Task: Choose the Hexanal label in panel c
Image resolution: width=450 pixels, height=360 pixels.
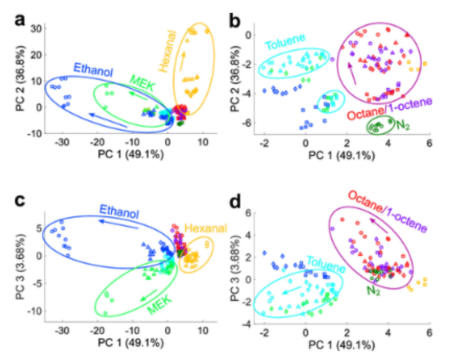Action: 206,229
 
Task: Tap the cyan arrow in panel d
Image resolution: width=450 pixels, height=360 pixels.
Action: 292,291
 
